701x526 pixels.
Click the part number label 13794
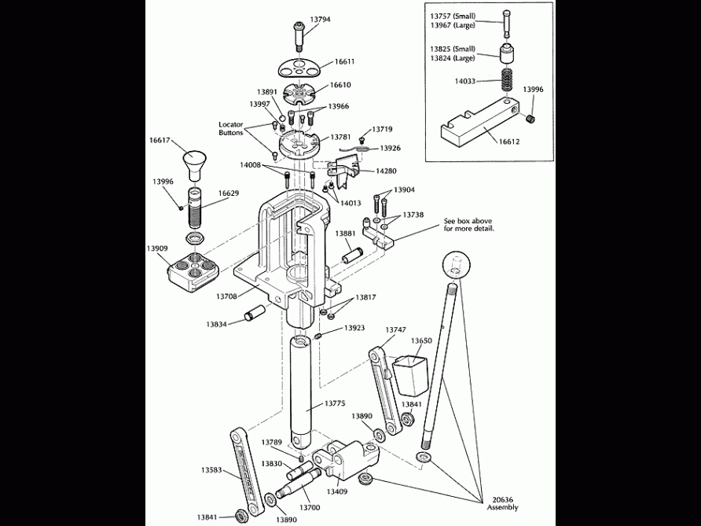click(320, 19)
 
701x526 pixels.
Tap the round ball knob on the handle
click(459, 265)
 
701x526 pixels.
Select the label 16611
click(344, 61)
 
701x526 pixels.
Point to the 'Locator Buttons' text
click(231, 129)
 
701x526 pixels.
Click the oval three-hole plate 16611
click(302, 65)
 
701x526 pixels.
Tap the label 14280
click(386, 171)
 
